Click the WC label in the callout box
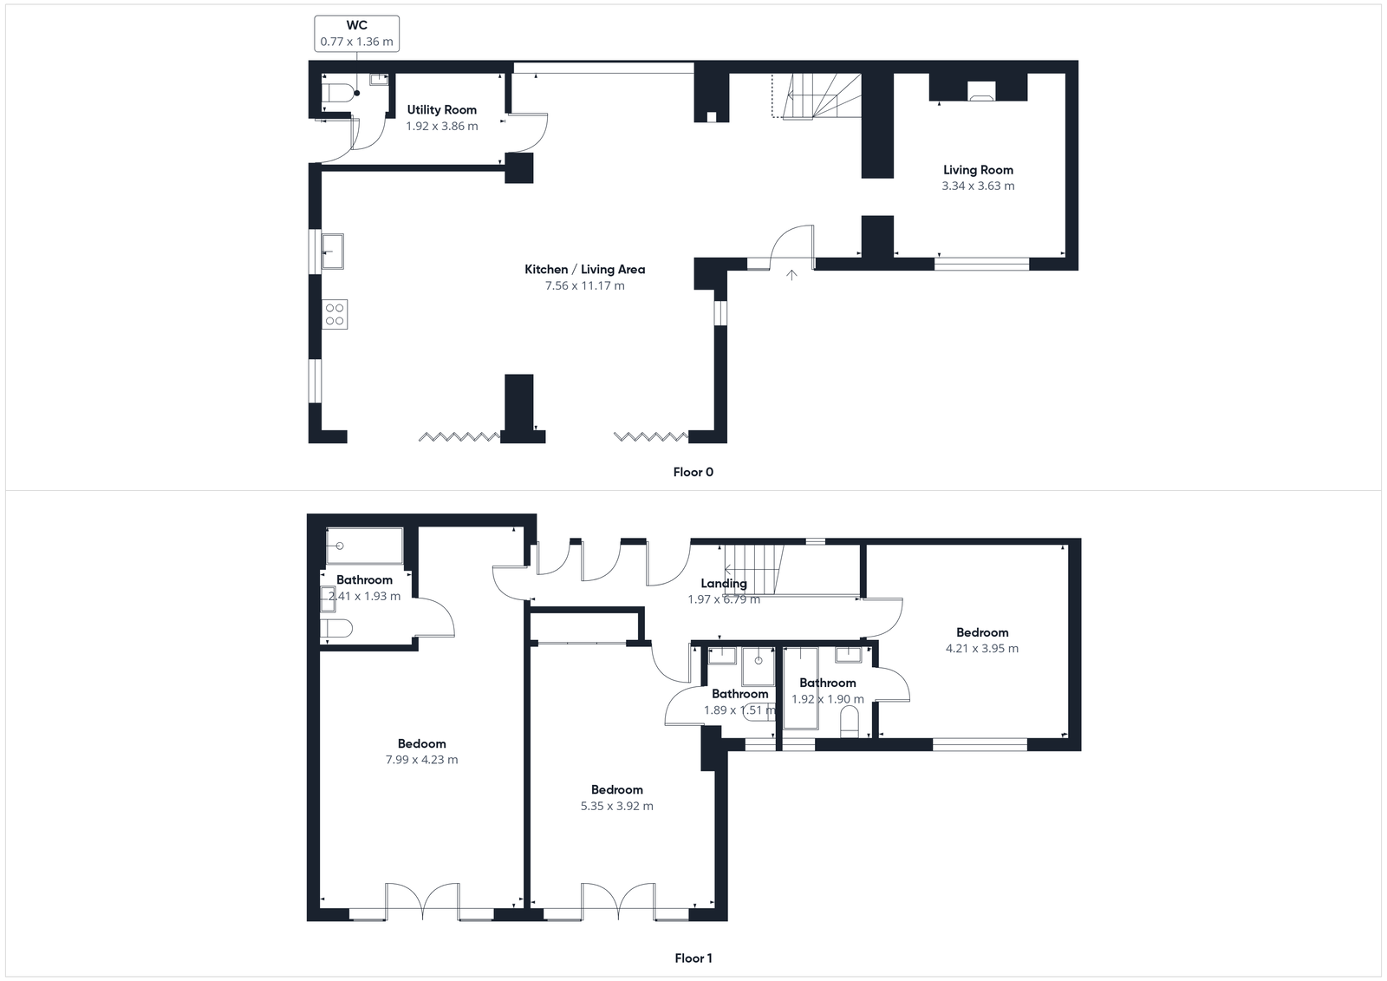[356, 25]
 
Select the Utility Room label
[441, 109]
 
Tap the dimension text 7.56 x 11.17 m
[584, 285]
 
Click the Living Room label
[978, 170]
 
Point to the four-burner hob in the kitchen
[335, 314]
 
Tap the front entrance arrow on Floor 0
[791, 275]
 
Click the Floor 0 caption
[693, 472]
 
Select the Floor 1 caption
[693, 958]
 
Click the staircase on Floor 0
[819, 95]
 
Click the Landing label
[723, 584]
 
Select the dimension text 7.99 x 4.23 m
[421, 760]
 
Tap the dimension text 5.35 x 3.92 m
[616, 806]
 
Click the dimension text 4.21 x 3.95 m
[981, 648]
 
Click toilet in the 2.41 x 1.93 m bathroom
[336, 628]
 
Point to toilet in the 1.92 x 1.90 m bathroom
[850, 722]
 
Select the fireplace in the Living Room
[981, 91]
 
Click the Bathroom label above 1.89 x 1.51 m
[739, 694]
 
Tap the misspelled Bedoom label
[421, 743]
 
